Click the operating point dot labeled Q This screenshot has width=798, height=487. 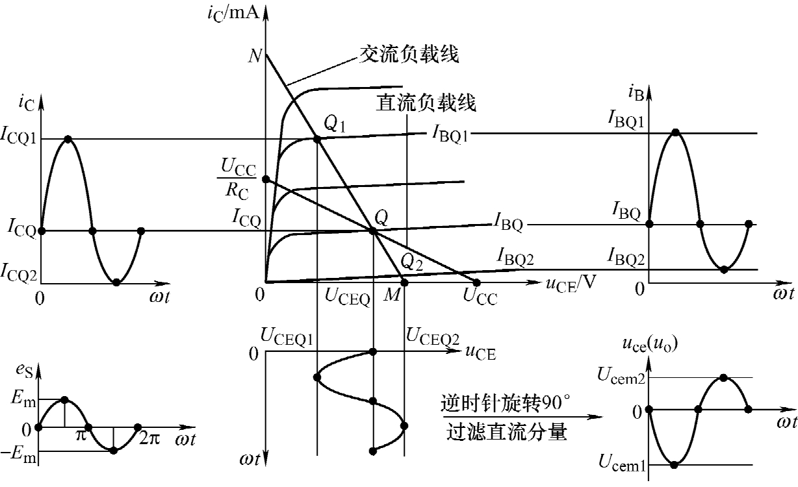pyautogui.click(x=372, y=230)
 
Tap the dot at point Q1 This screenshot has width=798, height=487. pyautogui.click(x=316, y=139)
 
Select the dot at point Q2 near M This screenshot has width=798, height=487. pyautogui.click(x=404, y=282)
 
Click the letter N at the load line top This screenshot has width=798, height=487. pyautogui.click(x=255, y=56)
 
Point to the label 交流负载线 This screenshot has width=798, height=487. pyautogui.click(x=409, y=55)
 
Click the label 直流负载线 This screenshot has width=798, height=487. pyautogui.click(x=426, y=103)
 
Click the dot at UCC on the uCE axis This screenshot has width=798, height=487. pyautogui.click(x=476, y=282)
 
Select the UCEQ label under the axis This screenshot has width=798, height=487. pyautogui.click(x=347, y=299)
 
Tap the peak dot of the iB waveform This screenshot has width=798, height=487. pyautogui.click(x=676, y=132)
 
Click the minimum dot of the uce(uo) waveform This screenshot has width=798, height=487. pyautogui.click(x=675, y=464)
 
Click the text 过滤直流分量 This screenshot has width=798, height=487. pyautogui.click(x=508, y=432)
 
